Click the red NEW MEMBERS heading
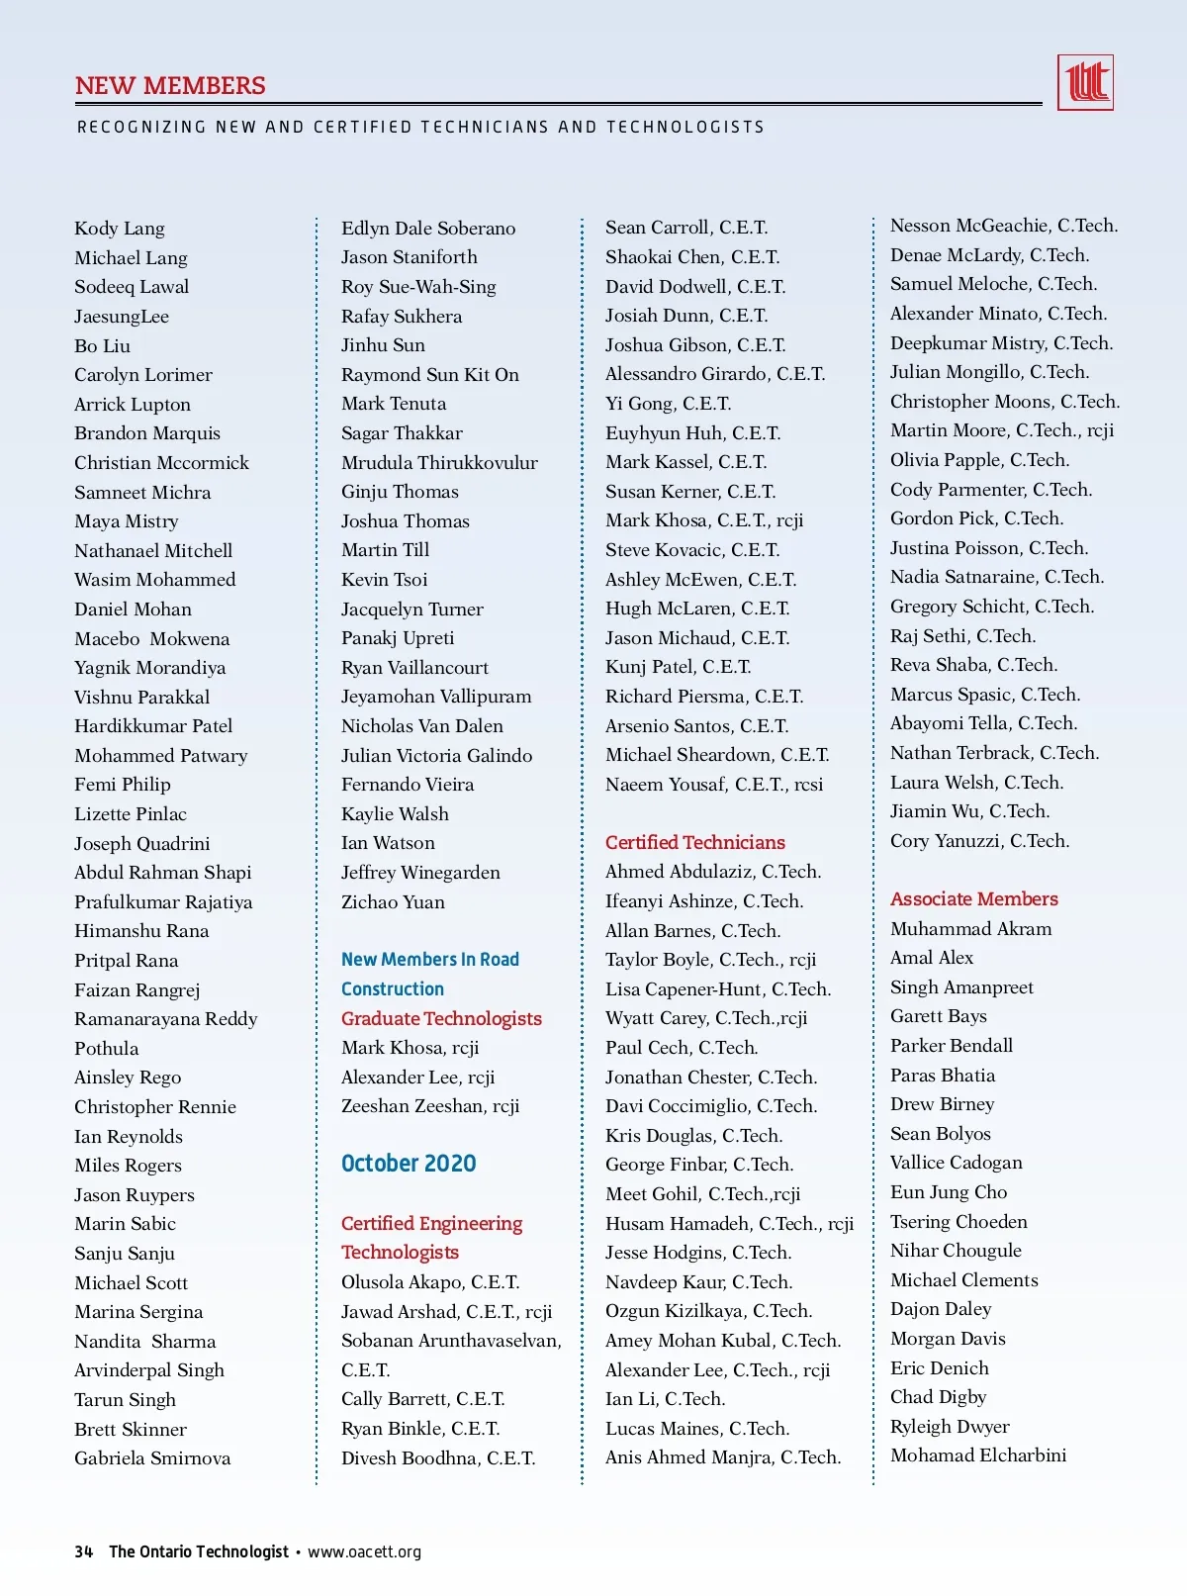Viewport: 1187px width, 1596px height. [x=170, y=86]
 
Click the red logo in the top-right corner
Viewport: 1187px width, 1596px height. [x=1085, y=82]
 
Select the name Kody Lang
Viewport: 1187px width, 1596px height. [x=120, y=229]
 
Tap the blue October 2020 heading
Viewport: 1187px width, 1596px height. [x=409, y=1164]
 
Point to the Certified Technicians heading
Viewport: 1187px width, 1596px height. [x=694, y=842]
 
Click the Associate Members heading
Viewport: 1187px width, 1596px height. [x=973, y=898]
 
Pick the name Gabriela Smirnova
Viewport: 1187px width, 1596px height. [x=152, y=1457]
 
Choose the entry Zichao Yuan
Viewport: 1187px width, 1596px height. [x=393, y=901]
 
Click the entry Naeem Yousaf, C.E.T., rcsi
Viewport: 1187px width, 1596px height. [x=713, y=785]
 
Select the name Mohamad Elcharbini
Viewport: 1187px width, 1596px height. [x=977, y=1455]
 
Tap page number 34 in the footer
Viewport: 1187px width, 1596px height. [x=84, y=1551]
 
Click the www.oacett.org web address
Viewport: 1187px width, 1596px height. [x=364, y=1551]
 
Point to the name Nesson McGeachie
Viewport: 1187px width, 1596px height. [x=1003, y=226]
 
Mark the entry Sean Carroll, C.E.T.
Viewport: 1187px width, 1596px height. [x=685, y=228]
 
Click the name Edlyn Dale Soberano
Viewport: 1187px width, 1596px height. [x=427, y=229]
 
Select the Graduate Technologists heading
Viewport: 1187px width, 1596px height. [x=441, y=1018]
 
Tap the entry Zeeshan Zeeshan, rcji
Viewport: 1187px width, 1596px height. [x=429, y=1105]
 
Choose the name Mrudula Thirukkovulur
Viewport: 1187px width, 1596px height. [x=439, y=462]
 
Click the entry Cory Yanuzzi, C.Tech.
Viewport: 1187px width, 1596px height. [x=979, y=841]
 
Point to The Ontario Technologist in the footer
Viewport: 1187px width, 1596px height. [x=199, y=1551]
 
